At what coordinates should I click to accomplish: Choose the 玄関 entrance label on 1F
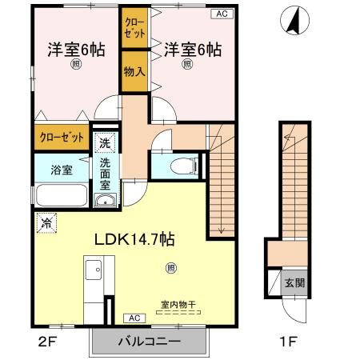point(293,284)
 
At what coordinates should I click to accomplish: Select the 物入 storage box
point(133,72)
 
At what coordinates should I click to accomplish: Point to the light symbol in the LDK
point(169,267)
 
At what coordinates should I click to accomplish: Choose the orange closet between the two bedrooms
point(133,29)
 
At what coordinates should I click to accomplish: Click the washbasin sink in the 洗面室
point(105,200)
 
